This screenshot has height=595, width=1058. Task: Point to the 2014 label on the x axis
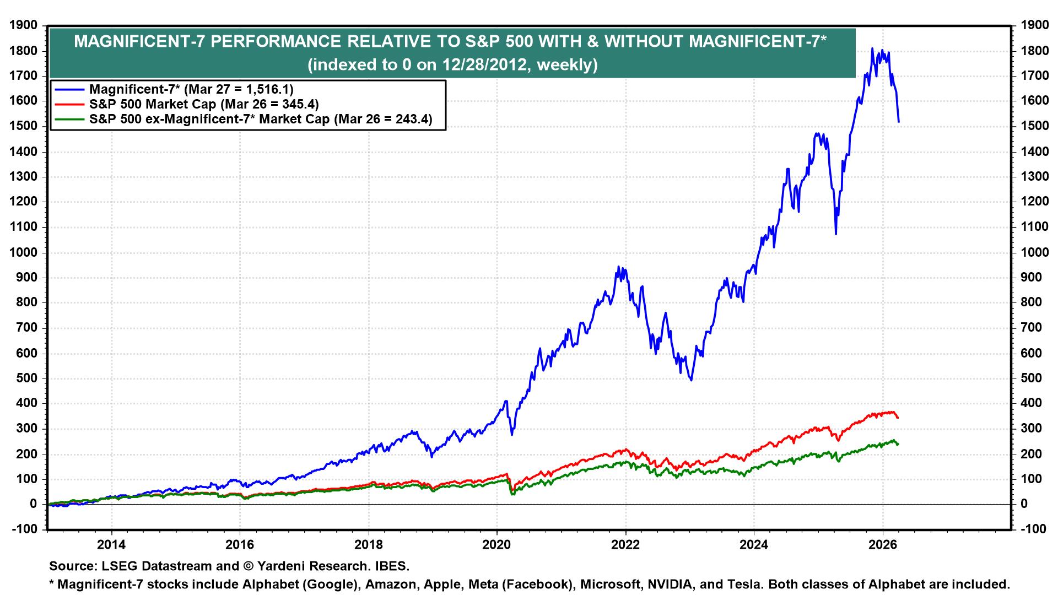pyautogui.click(x=111, y=545)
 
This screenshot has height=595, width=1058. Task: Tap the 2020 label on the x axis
pyautogui.click(x=497, y=545)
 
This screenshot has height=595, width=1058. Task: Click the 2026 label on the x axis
pyautogui.click(x=883, y=545)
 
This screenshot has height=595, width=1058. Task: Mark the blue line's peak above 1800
pyautogui.click(x=872, y=49)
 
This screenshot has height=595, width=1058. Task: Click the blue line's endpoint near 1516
pyautogui.click(x=899, y=122)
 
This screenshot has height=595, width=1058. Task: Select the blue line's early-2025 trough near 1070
pyautogui.click(x=836, y=234)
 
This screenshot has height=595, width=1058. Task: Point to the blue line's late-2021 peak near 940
pyautogui.click(x=618, y=267)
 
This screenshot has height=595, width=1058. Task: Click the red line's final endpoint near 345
pyautogui.click(x=898, y=418)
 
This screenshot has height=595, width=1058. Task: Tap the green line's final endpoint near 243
pyautogui.click(x=898, y=444)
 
